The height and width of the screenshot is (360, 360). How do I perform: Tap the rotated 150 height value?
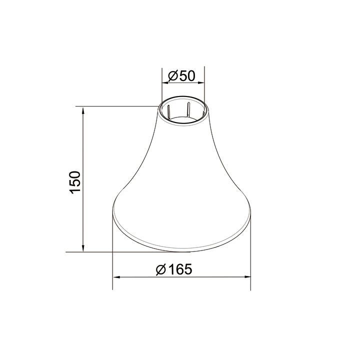coord(75,182)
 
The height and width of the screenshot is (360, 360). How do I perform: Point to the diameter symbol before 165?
coord(160,269)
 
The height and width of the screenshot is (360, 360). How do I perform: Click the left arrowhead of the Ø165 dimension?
coord(116,276)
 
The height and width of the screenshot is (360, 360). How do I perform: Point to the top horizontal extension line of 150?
coord(115,106)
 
